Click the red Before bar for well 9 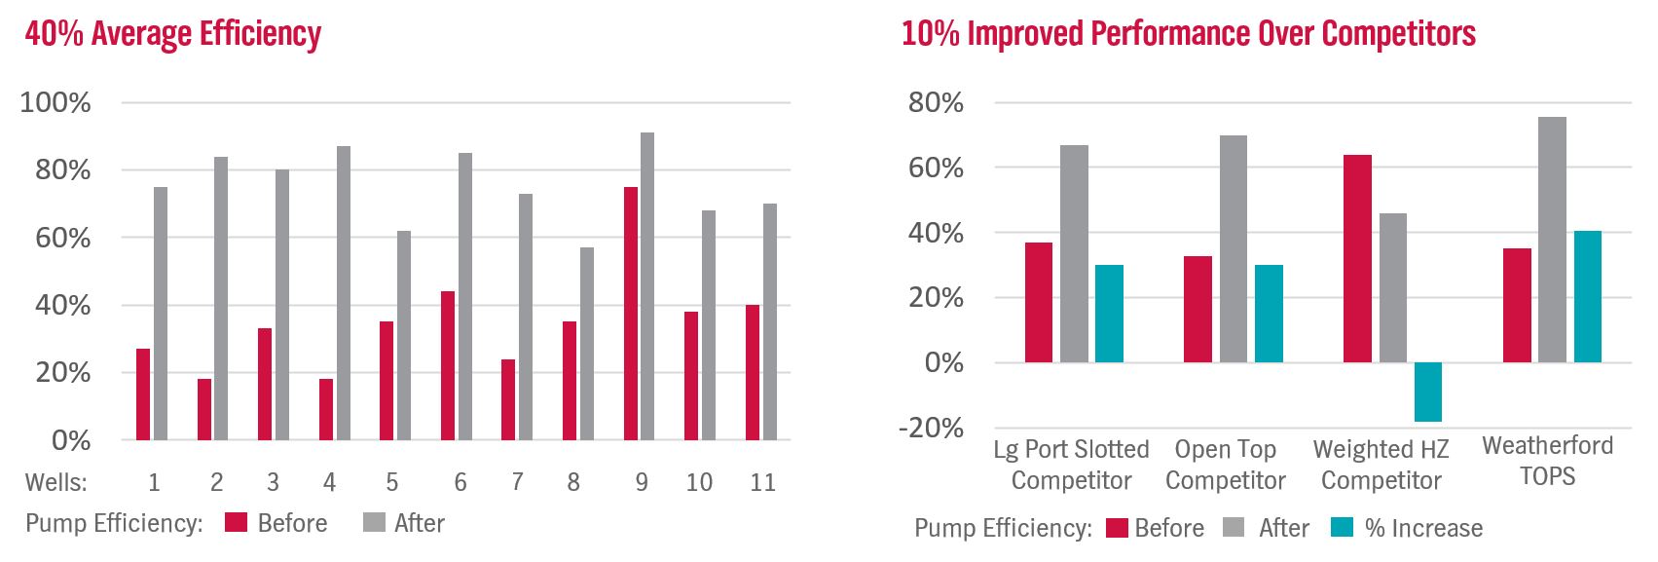(631, 313)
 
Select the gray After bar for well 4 (343, 292)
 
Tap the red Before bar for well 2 (204, 409)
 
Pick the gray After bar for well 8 (587, 343)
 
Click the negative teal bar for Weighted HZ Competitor (1428, 392)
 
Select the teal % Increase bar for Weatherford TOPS (1587, 296)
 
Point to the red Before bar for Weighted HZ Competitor (1357, 258)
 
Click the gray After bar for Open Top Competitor (1234, 248)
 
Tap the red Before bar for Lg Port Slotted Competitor (1039, 302)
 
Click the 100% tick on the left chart (55, 102)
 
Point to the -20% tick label (931, 428)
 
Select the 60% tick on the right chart (936, 168)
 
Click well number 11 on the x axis (762, 482)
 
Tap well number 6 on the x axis (460, 482)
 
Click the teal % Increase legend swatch (1343, 528)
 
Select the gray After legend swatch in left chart (374, 523)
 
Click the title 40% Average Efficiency (172, 34)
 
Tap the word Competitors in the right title (1398, 34)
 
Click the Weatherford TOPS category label (1547, 461)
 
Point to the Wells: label (55, 482)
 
